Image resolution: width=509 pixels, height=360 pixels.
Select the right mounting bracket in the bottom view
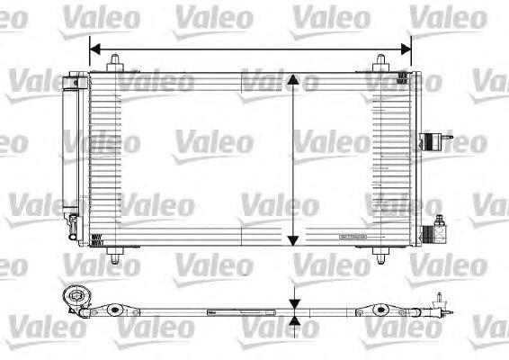pyautogui.click(x=385, y=312)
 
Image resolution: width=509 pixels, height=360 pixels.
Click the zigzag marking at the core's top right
pyautogui.click(x=404, y=78)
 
